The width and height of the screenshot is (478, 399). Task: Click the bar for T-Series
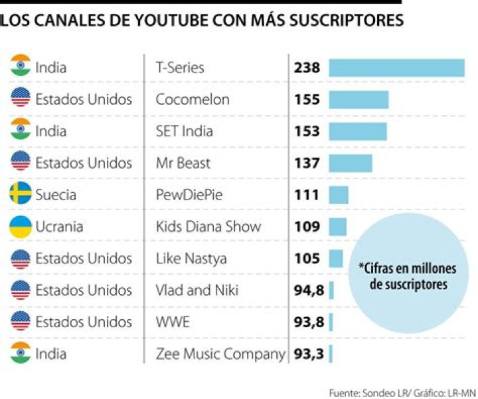pos(396,68)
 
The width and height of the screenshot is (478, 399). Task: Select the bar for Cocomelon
pos(358,100)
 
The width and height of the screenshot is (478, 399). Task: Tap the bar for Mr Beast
pos(351,163)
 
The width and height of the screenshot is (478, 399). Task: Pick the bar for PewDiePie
pos(339,195)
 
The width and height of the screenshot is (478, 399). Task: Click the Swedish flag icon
pos(21,195)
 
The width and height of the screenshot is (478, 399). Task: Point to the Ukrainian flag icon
pos(21,227)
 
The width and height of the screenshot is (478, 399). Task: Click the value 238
pos(307,68)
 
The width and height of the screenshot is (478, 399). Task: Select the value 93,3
pos(309,354)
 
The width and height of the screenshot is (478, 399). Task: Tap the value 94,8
pos(309,291)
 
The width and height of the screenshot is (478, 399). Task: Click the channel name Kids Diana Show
pos(208,227)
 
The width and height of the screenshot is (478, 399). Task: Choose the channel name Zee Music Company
pos(220,354)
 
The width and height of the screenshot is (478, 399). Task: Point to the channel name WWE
pos(172,323)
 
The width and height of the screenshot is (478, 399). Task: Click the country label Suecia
pos(56,195)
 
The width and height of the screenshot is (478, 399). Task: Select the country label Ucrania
pos(59,227)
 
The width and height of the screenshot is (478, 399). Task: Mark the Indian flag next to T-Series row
pos(21,68)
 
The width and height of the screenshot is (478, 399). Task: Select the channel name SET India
pos(184,131)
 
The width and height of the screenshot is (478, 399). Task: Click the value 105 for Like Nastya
pos(307,259)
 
